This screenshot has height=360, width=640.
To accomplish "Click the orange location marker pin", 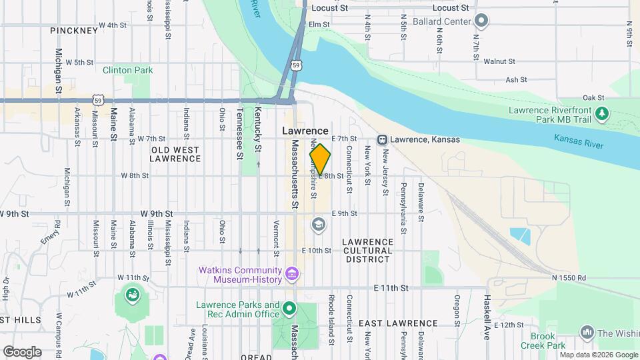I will tap(320, 159).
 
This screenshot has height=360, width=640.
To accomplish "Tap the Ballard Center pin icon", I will tap(481, 21).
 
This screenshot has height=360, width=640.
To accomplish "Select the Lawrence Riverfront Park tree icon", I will tap(602, 114).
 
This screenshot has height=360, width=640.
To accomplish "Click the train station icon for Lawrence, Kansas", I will tap(383, 139).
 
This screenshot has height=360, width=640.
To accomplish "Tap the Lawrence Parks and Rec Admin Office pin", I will tap(289, 309).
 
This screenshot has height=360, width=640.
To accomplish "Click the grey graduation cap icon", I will tap(319, 225).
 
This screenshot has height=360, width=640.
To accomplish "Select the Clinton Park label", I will tap(127, 70).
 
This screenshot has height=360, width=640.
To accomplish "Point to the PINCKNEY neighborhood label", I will tap(74, 31).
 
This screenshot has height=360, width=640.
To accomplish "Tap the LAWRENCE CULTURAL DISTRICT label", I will tap(367, 250).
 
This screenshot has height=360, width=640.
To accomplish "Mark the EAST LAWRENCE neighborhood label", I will tap(398, 323).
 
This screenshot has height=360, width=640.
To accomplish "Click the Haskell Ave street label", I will tap(487, 317).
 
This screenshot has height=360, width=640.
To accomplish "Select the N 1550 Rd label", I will tap(568, 277).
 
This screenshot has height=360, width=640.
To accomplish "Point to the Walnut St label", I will tap(499, 61).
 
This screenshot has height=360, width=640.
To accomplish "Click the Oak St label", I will tap(593, 97).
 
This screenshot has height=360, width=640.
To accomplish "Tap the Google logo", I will tap(21, 351).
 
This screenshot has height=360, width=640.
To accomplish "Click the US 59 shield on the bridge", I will tap(296, 65).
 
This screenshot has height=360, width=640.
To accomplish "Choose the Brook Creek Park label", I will tap(547, 341).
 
